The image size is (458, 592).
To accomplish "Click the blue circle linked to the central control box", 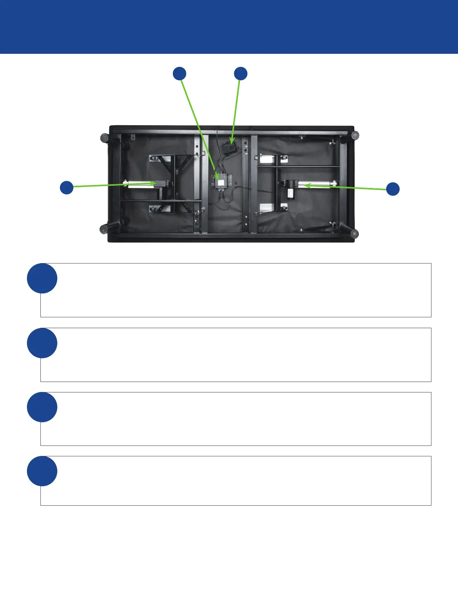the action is coord(180,74).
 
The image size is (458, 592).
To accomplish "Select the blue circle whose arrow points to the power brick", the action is coord(241,74).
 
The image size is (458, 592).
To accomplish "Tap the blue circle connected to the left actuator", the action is coord(67,187).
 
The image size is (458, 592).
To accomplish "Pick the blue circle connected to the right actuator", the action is coord(393,189).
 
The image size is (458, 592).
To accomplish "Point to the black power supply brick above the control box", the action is coord(229,149).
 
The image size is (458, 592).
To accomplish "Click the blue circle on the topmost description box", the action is coord(42,278).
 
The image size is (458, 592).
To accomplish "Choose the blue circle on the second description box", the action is coord(42,343).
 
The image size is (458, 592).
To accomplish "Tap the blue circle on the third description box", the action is coord(42,407).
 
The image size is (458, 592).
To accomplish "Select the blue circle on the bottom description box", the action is coord(42,471).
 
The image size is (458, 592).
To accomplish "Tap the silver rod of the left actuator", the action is coord(137,184).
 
